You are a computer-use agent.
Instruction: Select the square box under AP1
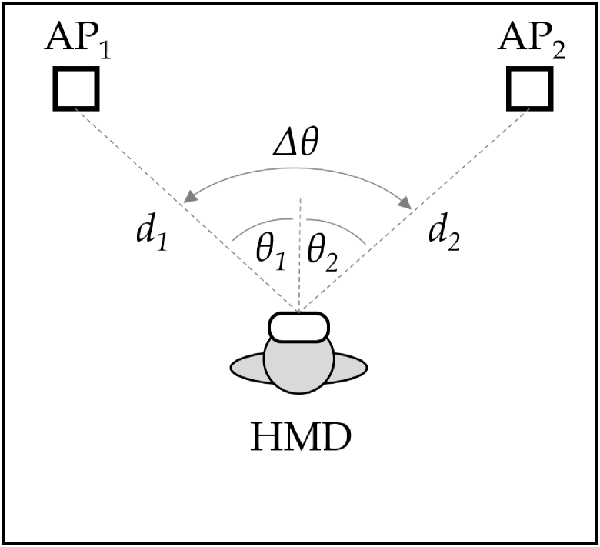(x=75, y=88)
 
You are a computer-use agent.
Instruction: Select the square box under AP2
(x=528, y=88)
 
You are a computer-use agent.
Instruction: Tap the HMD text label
(x=299, y=439)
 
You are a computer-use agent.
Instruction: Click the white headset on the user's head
(x=299, y=326)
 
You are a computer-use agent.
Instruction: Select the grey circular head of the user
(x=299, y=366)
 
